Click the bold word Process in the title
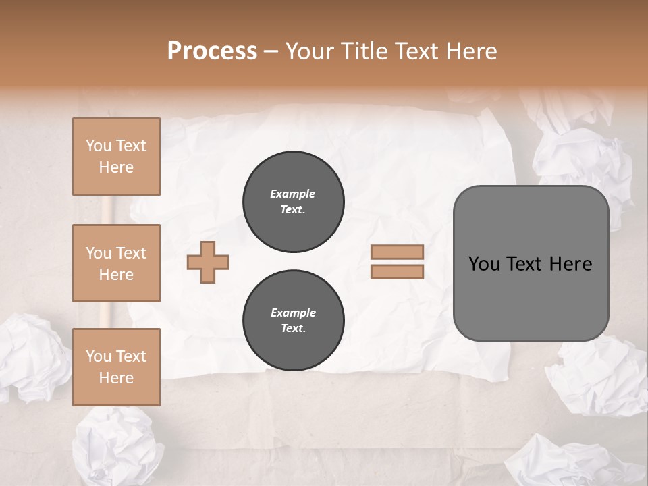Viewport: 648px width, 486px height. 212,51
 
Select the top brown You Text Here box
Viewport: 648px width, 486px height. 116,157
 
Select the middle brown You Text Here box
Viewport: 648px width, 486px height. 116,263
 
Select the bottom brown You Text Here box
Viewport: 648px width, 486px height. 116,367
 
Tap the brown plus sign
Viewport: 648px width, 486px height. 208,262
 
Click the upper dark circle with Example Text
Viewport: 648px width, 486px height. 293,201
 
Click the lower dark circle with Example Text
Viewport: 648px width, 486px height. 293,321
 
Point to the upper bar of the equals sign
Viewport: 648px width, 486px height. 397,252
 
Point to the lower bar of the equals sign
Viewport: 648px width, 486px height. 397,271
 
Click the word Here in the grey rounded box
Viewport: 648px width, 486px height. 570,264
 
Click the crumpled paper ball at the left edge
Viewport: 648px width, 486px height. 30,358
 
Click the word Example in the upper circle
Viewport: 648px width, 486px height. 293,194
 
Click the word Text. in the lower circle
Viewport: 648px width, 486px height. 293,329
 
